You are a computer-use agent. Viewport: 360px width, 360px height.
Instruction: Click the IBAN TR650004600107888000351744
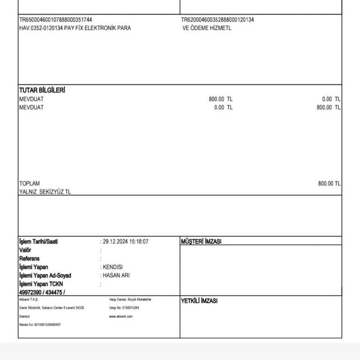(55, 20)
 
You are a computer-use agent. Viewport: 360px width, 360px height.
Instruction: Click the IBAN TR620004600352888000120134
(217, 20)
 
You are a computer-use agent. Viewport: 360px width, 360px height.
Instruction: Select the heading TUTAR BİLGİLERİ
(42, 90)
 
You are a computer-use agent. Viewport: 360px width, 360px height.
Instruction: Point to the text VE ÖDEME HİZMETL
(207, 28)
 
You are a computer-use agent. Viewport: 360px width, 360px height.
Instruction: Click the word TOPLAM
(30, 183)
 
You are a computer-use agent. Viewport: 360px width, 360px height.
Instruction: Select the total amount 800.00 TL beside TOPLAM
(329, 183)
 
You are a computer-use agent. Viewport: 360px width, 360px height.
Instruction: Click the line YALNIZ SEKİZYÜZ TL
(45, 192)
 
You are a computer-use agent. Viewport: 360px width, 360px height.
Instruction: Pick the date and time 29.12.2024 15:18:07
(126, 242)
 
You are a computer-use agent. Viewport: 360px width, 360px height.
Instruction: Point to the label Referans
(29, 259)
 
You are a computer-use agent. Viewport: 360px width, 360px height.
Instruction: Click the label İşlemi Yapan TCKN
(41, 284)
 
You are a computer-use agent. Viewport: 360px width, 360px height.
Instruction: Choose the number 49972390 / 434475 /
(42, 292)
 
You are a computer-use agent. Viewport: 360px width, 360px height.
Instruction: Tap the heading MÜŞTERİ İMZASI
(201, 242)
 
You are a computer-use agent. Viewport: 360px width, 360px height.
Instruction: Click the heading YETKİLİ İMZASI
(199, 301)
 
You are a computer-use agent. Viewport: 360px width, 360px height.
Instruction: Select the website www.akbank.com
(121, 316)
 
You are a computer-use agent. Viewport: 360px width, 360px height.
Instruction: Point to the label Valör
(25, 250)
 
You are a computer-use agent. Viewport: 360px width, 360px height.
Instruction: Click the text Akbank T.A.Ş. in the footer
(29, 299)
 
